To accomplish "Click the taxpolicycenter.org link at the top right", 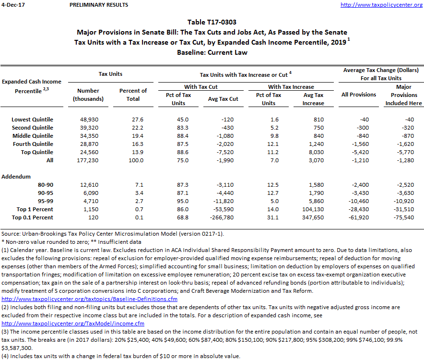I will [381, 5].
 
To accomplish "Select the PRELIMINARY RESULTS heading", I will [98, 5].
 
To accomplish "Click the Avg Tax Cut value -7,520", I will [228, 152].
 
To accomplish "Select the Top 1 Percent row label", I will [35, 209].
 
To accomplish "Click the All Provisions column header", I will [359, 95].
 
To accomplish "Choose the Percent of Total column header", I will [133, 95].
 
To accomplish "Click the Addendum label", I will [17, 177].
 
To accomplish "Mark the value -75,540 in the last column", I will [404, 217].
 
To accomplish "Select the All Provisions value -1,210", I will [359, 160].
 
